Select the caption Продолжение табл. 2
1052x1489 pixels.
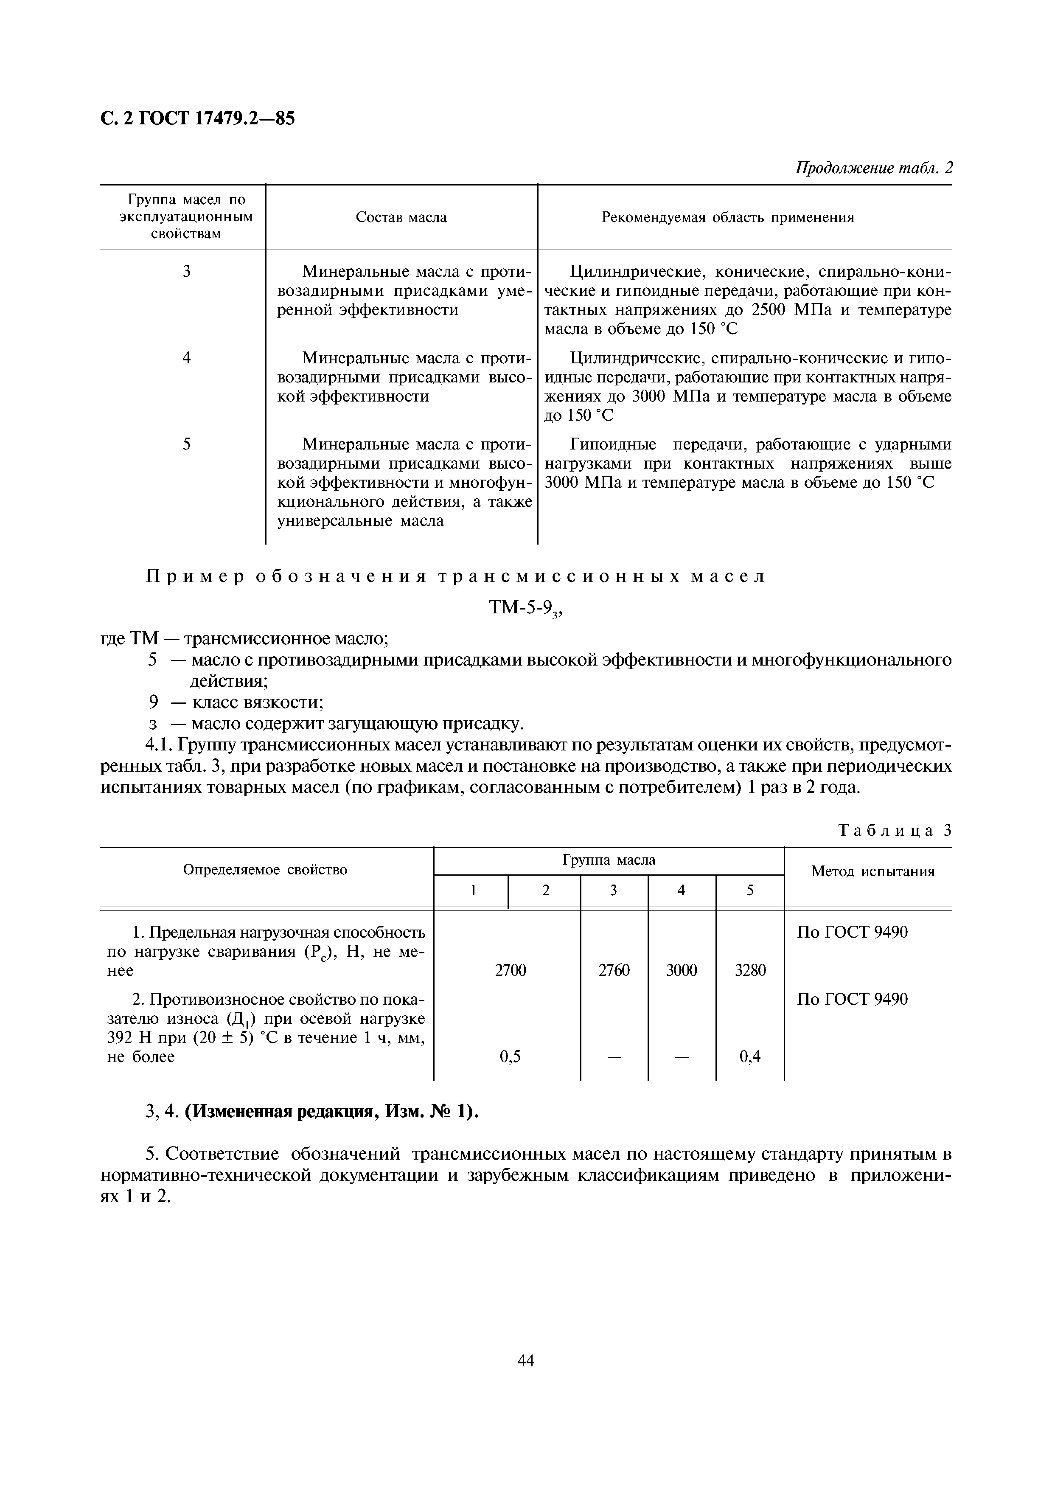(874, 168)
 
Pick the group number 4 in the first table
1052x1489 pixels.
(187, 357)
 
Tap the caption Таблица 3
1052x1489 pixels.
(895, 830)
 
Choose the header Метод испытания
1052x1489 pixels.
(872, 871)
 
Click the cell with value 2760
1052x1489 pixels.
(614, 970)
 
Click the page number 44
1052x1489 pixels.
(526, 1360)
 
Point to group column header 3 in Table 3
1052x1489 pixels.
(613, 891)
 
